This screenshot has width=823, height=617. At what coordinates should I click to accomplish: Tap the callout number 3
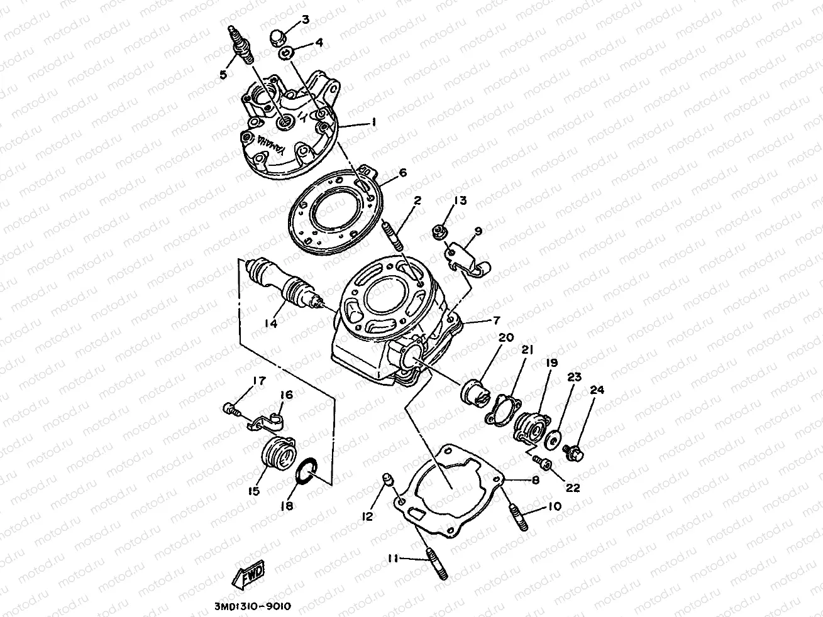(306, 19)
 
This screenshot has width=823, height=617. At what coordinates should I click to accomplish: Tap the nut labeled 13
(439, 232)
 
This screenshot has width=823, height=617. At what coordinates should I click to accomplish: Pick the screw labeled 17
(231, 410)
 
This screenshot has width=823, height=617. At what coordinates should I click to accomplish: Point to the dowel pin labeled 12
(389, 482)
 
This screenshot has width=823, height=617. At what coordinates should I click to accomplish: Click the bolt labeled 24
(574, 451)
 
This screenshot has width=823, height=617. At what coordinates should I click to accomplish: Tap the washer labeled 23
(555, 439)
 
